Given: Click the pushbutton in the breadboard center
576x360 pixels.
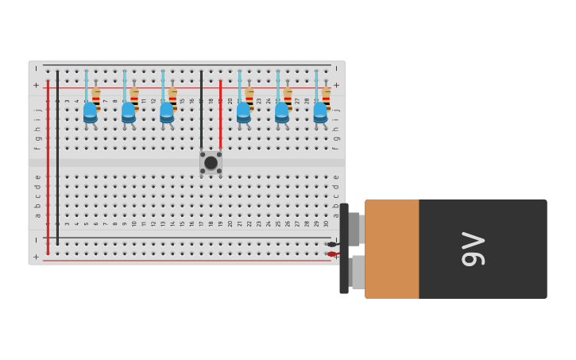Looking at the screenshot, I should (x=211, y=162).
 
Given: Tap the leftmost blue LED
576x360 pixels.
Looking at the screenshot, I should (x=90, y=112).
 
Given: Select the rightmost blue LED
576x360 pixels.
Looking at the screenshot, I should (x=320, y=112).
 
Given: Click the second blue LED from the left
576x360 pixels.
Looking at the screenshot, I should (x=129, y=112).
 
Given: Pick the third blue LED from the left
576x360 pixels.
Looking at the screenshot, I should (x=167, y=112).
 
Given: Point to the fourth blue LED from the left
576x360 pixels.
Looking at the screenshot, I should (x=243, y=112).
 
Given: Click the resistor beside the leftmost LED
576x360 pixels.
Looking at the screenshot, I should (x=96, y=95).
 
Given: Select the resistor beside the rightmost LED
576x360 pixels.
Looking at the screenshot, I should (x=326, y=95).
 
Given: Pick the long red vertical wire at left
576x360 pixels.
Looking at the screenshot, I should (x=48, y=167).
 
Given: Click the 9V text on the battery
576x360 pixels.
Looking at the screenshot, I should (x=473, y=249).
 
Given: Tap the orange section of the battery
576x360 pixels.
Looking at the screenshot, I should (x=392, y=249).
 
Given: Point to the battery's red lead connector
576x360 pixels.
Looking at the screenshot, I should (x=332, y=254).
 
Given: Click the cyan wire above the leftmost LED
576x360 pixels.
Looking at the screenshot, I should (x=87, y=86).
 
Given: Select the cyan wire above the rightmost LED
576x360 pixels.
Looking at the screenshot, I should (x=316, y=86).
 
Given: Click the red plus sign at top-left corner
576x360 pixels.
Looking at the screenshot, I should (x=36, y=85).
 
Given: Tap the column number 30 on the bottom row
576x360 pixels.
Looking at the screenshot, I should (x=326, y=223).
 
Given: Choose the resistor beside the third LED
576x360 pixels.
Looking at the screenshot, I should (x=172, y=95).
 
